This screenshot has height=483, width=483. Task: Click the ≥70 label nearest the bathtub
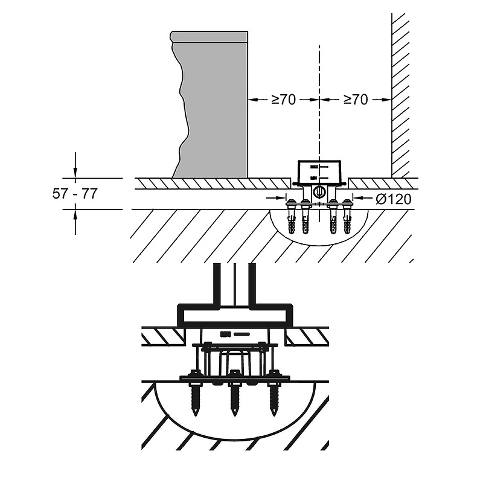[x=283, y=100]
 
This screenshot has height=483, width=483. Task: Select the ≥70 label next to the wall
[x=355, y=100]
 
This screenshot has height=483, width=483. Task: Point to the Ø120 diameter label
[x=392, y=199]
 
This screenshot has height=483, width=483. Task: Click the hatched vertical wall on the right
[x=401, y=91]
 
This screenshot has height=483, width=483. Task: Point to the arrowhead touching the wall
[x=387, y=100]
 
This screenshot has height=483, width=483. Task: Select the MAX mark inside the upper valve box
[x=313, y=166]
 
